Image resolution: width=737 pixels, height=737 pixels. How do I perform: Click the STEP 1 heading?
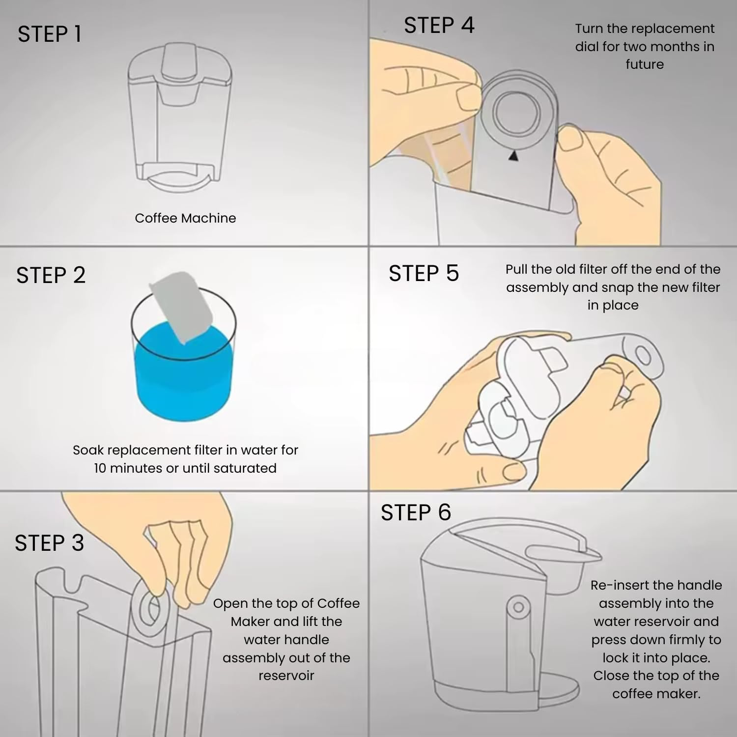click(50, 34)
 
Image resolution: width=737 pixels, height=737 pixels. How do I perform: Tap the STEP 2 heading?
click(51, 275)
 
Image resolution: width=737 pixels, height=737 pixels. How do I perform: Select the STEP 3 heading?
click(50, 543)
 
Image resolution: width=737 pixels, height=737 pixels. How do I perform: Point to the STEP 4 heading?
click(439, 25)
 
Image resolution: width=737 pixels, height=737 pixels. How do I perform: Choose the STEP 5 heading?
click(424, 273)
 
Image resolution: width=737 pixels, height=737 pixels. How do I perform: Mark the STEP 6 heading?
click(416, 512)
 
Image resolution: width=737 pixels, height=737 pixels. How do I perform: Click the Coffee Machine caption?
click(185, 218)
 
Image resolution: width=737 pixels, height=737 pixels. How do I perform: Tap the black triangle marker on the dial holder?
click(513, 156)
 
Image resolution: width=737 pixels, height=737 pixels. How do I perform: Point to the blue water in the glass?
click(183, 373)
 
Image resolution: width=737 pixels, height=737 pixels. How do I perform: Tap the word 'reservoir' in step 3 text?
click(286, 676)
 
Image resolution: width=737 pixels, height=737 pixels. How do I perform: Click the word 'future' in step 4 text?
click(645, 64)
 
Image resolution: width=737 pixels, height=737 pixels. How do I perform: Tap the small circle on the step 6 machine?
click(518, 608)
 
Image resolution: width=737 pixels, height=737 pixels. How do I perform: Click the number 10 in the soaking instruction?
click(100, 468)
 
